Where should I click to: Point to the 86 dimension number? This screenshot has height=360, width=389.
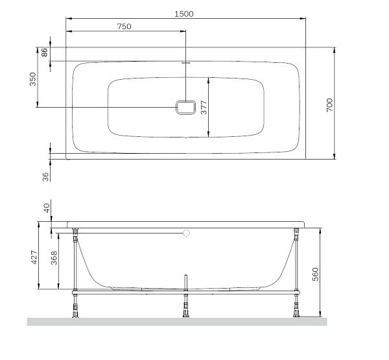tap(45, 53)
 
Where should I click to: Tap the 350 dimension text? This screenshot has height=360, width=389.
tap(33, 79)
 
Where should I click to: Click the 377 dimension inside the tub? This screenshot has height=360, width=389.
tap(203, 108)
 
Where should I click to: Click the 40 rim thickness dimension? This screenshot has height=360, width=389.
tap(45, 208)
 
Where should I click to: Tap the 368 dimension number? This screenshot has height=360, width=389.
tap(54, 258)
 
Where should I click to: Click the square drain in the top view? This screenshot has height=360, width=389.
tap(185, 107)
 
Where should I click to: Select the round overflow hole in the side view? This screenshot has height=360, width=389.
tap(187, 232)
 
